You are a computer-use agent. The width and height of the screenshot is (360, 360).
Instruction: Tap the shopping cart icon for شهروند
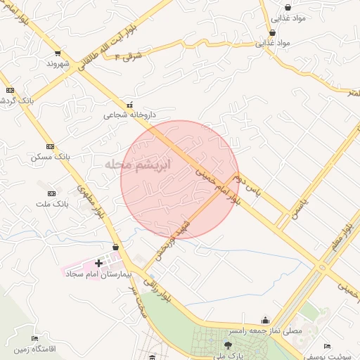(57, 53)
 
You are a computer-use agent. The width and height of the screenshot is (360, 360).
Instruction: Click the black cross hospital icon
(98, 264)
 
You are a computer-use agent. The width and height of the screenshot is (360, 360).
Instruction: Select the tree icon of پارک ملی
(227, 345)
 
